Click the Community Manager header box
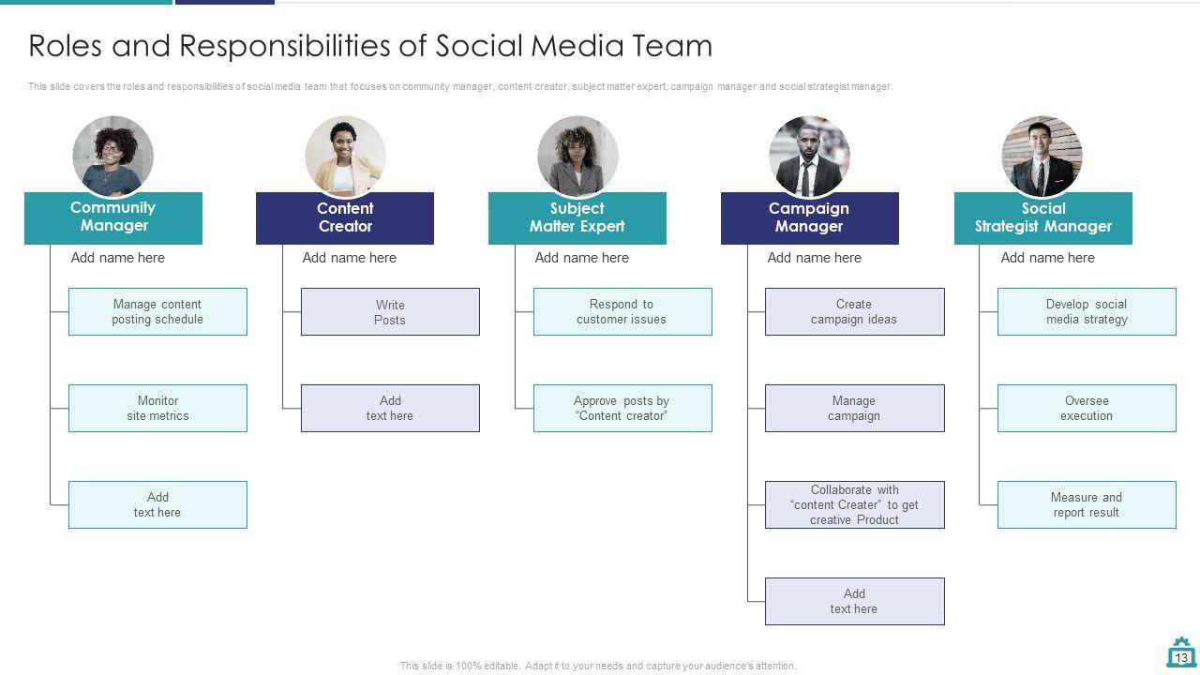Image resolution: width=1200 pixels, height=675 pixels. [112, 217]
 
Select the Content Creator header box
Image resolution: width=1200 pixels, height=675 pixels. [345, 217]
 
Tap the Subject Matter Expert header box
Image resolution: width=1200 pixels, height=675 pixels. [577, 217]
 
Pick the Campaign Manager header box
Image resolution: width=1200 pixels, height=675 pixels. [809, 217]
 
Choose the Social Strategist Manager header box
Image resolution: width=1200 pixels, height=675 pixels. [1042, 217]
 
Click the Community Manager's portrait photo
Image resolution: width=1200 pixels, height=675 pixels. [112, 156]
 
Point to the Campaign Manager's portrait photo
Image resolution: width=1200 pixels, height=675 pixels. [809, 156]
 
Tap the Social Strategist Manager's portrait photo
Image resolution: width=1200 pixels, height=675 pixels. [1042, 156]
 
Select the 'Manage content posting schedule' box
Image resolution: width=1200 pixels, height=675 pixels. [157, 311]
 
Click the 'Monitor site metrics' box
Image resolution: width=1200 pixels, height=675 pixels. [157, 408]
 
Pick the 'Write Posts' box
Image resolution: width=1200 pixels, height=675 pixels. [390, 312]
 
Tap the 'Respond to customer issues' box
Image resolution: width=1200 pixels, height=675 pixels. [622, 311]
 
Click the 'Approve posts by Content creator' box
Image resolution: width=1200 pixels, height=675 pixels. [622, 408]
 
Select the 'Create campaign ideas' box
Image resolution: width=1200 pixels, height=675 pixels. [854, 311]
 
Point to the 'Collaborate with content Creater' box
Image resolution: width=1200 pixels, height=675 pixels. [854, 504]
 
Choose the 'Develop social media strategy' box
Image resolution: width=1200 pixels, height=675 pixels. [1087, 311]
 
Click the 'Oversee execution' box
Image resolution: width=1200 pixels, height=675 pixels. [1087, 408]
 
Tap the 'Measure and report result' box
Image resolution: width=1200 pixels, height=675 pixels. [1087, 504]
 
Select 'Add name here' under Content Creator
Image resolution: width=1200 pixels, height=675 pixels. [349, 258]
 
